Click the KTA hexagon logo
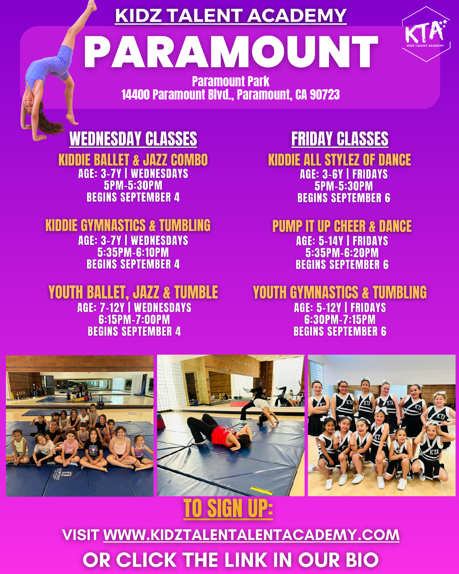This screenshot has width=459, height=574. click(x=426, y=34)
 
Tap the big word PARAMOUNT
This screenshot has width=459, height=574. click(x=231, y=51)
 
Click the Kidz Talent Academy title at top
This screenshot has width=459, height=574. click(x=231, y=16)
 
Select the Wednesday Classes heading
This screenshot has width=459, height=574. click(x=133, y=139)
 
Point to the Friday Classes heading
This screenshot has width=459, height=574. click(x=340, y=139)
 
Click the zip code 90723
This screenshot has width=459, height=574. click(x=325, y=95)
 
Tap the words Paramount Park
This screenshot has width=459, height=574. click(x=231, y=81)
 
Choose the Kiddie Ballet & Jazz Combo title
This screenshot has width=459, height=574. click(x=133, y=160)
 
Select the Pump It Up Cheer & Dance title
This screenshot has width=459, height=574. click(x=342, y=226)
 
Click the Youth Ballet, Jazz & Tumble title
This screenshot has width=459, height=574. click(x=133, y=293)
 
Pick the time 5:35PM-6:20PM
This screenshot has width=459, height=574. click(x=342, y=253)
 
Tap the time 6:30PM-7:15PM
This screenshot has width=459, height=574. click(x=340, y=320)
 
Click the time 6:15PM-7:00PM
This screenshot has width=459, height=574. click(x=134, y=320)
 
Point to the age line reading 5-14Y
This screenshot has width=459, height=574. click(x=342, y=241)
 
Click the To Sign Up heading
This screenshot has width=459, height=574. click(x=228, y=509)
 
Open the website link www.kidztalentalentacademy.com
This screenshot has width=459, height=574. click(x=251, y=535)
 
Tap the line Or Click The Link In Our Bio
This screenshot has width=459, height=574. click(x=231, y=560)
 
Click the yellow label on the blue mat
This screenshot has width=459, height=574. click(x=262, y=489)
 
